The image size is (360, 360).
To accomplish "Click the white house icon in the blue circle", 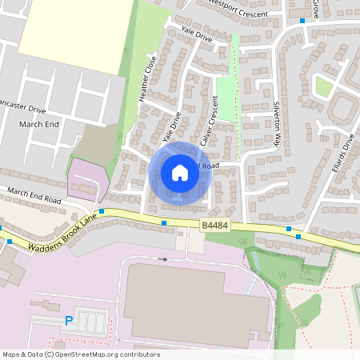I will tap(180, 173).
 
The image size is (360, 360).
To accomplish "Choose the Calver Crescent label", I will tap(210, 122).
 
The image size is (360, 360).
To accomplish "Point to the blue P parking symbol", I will tap(69, 322).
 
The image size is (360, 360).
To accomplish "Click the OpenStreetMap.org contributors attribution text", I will tap(103, 354).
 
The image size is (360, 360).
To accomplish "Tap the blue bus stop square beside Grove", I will tap(302, 21).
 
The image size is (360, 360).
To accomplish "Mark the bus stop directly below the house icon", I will tap(164, 222).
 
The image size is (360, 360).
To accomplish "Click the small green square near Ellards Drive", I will tap(323, 86).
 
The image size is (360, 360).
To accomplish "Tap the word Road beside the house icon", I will tap(210, 166).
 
